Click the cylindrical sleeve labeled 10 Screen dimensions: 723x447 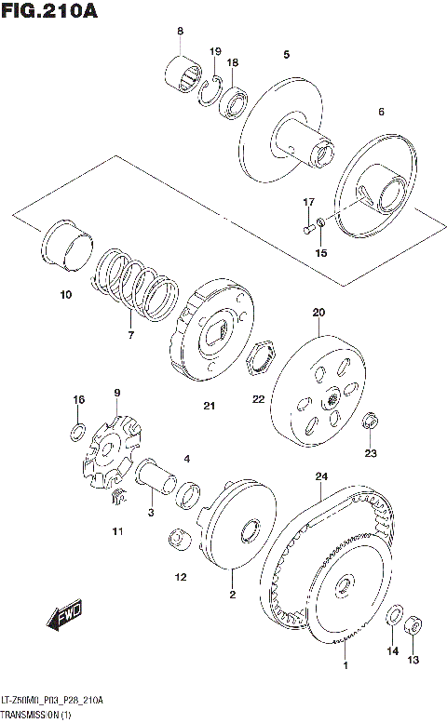click(68, 246)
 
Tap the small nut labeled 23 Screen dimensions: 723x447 click(371, 421)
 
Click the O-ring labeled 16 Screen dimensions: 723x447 click(80, 431)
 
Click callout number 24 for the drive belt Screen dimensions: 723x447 click(321, 476)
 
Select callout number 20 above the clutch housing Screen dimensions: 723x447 click(318, 313)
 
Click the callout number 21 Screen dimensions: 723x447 click(209, 406)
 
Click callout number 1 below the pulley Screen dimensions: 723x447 click(345, 666)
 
